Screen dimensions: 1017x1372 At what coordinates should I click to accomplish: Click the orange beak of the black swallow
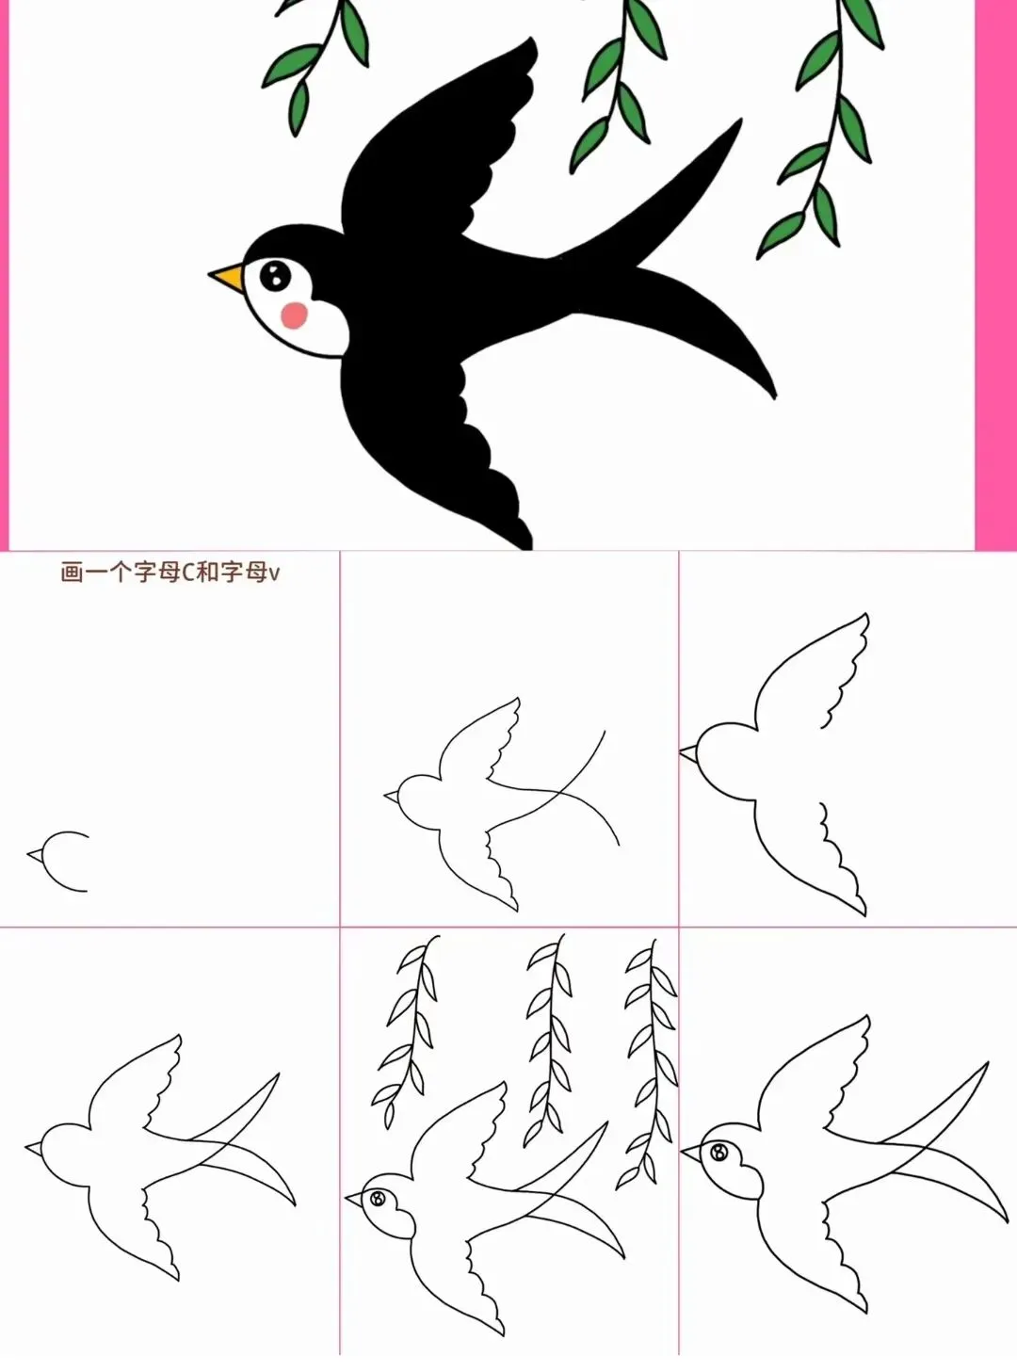coord(227,276)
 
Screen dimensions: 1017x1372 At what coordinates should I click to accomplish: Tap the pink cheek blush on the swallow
coord(294,315)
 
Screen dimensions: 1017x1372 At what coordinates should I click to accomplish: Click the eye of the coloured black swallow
coord(275,275)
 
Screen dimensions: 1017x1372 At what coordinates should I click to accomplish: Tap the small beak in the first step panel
coord(36,855)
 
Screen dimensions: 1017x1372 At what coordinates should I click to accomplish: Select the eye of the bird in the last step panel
coord(718,1152)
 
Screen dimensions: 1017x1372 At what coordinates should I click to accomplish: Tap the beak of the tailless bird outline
coord(688,752)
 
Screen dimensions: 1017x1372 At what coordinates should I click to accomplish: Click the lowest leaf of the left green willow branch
coord(299,107)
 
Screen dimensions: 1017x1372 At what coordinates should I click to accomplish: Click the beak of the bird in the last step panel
coord(691,1154)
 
